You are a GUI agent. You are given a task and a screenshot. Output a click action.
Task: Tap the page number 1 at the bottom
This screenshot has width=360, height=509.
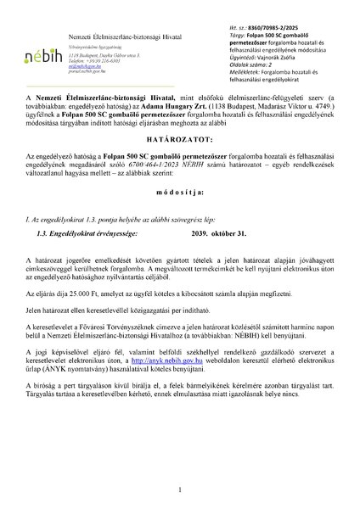[x=181, y=489]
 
